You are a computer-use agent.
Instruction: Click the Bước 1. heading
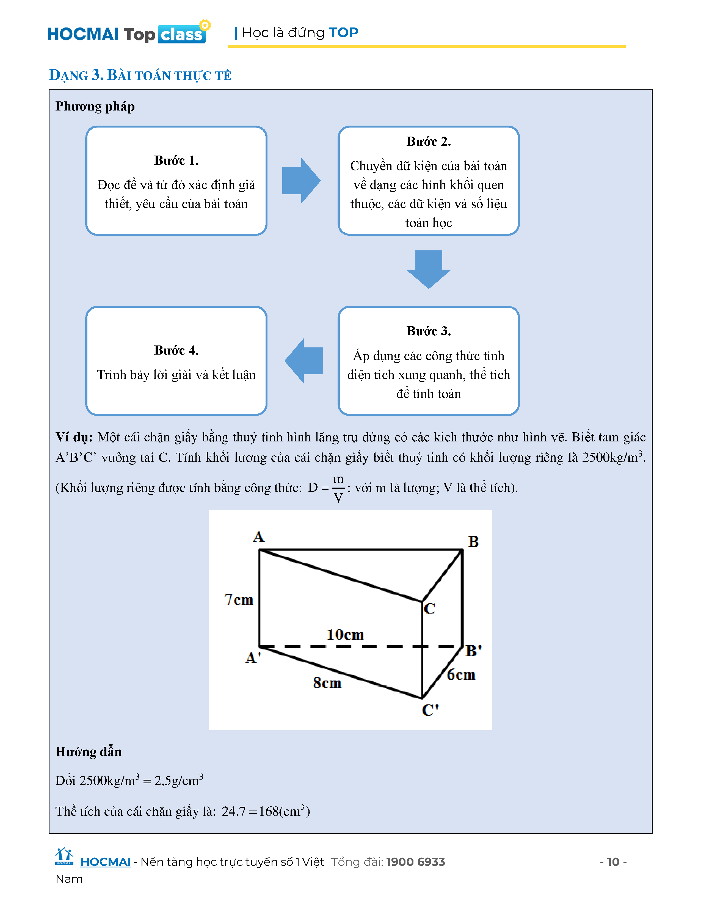(176, 160)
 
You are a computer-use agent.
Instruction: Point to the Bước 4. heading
(176, 350)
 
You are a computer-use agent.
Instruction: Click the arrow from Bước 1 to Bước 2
(301, 181)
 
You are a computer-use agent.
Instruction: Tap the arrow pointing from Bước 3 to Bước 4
(304, 361)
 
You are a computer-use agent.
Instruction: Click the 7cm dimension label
(239, 599)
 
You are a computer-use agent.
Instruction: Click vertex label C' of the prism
(430, 710)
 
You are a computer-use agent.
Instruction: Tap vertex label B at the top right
(473, 541)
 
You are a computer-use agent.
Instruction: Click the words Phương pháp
(95, 106)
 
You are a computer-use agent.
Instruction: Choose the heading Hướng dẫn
(89, 752)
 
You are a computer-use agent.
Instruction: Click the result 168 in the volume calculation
(269, 811)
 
